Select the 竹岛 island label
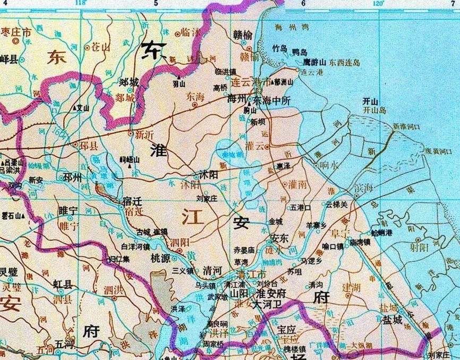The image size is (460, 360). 279,48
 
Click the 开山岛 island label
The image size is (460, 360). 372,110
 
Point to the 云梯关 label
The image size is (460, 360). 336,204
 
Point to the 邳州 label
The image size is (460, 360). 72,177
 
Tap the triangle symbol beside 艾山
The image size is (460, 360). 74,107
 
